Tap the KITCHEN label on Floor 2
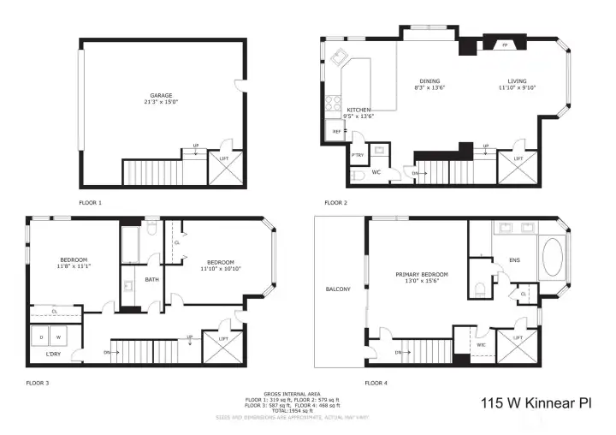pyautogui.click(x=358, y=110)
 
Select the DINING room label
pyautogui.click(x=429, y=80)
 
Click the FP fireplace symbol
pyautogui.click(x=504, y=44)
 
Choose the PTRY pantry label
pyautogui.click(x=358, y=155)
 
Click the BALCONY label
pyautogui.click(x=338, y=289)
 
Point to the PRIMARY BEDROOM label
pyautogui.click(x=422, y=275)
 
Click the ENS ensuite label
pyautogui.click(x=514, y=259)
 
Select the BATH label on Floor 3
pyautogui.click(x=152, y=279)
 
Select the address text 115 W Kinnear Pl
pyautogui.click(x=536, y=402)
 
